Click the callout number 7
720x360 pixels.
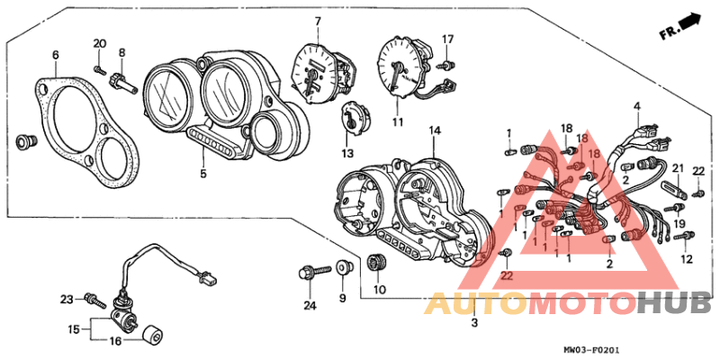[318, 21]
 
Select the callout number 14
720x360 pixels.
[435, 131]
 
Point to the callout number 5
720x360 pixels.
[203, 174]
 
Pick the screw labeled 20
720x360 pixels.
[100, 69]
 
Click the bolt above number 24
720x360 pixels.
[314, 270]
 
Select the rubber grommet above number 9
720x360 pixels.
[343, 266]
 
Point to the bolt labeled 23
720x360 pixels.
[96, 301]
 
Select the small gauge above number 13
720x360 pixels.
[355, 119]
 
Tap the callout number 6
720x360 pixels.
[55, 55]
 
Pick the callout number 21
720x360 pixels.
[678, 168]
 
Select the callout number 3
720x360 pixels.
[474, 323]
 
